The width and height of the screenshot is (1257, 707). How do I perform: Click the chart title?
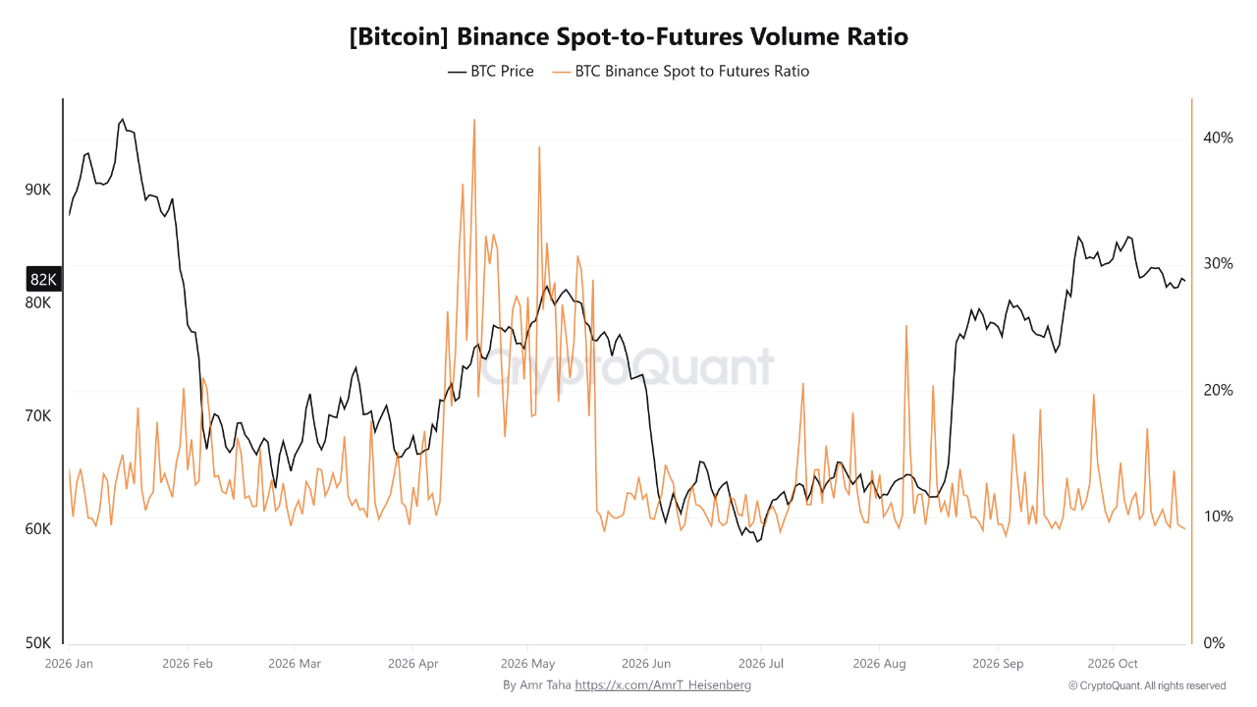[x=628, y=37]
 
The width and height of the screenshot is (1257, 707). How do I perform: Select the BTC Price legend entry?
[x=490, y=72]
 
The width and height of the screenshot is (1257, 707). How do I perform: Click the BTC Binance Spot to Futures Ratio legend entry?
[x=681, y=72]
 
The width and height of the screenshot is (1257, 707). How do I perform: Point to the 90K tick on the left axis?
[x=37, y=190]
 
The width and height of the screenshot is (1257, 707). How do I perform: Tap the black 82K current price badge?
[x=43, y=280]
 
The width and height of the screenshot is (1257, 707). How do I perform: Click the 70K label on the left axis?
[x=37, y=415]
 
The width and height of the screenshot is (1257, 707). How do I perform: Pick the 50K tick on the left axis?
[x=37, y=642]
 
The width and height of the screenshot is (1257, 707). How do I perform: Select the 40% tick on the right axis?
[x=1218, y=138]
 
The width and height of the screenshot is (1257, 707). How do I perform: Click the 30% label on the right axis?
[x=1218, y=264]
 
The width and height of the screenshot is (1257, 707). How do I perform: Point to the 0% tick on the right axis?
[x=1214, y=642]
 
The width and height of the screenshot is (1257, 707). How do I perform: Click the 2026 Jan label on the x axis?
[x=69, y=664]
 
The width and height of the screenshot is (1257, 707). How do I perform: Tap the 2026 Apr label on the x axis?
[x=413, y=664]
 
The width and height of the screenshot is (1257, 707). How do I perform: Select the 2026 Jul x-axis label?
[x=761, y=664]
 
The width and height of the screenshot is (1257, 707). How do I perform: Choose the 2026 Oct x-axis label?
[x=1113, y=664]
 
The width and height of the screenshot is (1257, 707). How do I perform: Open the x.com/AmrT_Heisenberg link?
[x=663, y=685]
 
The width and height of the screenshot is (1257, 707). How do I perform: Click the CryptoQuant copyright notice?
[x=1147, y=685]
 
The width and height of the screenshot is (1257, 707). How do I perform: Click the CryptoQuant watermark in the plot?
[x=627, y=367]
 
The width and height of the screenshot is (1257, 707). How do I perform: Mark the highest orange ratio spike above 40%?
[x=474, y=120]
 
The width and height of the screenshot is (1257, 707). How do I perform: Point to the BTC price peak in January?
[x=123, y=120]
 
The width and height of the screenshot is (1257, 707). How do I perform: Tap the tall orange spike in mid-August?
[x=906, y=327]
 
